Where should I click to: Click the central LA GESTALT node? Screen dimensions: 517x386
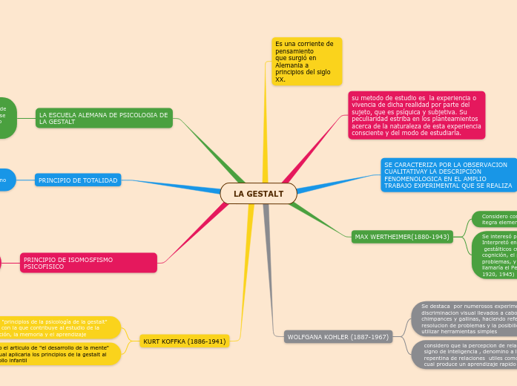pyautogui.click(x=258, y=194)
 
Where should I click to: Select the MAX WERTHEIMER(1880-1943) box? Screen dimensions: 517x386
pyautogui.click(x=402, y=237)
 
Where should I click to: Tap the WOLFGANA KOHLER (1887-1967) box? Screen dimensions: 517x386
pyautogui.click(x=337, y=337)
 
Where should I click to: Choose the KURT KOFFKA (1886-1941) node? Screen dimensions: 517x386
pyautogui.click(x=184, y=341)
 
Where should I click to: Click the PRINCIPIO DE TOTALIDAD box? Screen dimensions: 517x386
pyautogui.click(x=78, y=180)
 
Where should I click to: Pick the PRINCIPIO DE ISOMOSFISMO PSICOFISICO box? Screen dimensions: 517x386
pyautogui.click(x=88, y=263)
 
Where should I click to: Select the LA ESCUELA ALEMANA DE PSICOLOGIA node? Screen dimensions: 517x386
pyautogui.click(x=104, y=118)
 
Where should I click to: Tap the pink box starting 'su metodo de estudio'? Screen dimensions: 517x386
pyautogui.click(x=416, y=115)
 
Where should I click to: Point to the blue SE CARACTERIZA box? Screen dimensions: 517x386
pyautogui.click(x=448, y=175)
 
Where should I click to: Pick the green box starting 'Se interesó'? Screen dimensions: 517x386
pyautogui.click(x=494, y=255)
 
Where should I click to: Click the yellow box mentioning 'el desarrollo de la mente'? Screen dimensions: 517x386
pyautogui.click(x=56, y=353)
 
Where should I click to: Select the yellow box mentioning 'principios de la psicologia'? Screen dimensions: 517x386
pyautogui.click(x=56, y=327)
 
